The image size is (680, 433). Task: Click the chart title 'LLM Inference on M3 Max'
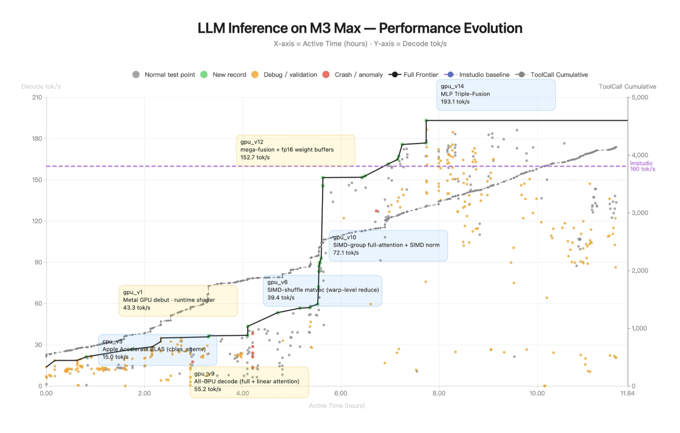360,28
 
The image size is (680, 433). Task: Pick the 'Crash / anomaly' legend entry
352,75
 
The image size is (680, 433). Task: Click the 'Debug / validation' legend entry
284,75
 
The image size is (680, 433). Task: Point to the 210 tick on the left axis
37,97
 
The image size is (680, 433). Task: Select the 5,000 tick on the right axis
640,97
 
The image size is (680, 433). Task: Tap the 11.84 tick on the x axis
627,393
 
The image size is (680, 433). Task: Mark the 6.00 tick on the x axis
341,393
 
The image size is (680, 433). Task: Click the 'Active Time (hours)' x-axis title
337,406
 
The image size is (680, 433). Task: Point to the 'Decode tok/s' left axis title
41,87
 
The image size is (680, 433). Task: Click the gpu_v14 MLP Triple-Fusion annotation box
496,94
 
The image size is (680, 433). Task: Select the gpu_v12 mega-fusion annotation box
295,150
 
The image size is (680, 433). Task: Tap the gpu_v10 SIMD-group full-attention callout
388,245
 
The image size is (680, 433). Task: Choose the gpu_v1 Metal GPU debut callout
178,301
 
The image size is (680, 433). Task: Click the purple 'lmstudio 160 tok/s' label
642,166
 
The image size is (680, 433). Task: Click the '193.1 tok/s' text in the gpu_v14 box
455,102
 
